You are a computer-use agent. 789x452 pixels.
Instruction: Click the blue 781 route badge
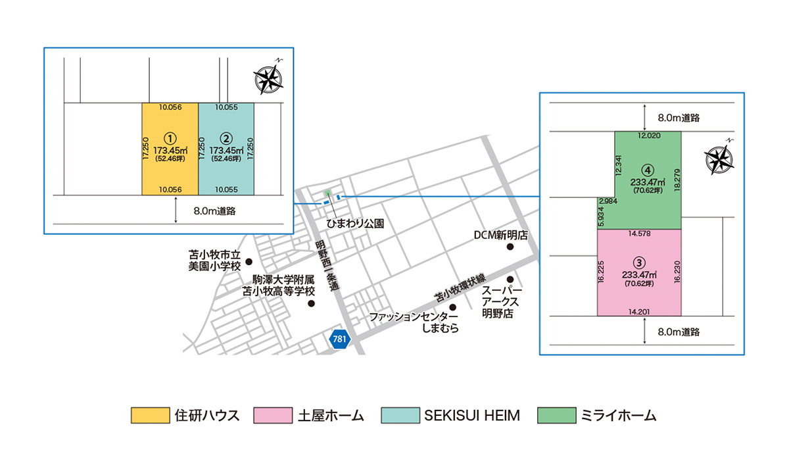tap(340, 339)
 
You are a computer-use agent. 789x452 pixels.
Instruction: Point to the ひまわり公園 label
tap(356, 224)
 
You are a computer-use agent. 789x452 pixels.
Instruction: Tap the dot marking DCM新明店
tap(510, 247)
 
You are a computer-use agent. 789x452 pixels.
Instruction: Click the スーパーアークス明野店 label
tap(500, 302)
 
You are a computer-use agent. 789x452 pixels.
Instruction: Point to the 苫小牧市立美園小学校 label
tap(216, 261)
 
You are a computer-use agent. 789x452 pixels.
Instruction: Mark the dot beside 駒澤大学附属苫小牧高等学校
tap(312, 304)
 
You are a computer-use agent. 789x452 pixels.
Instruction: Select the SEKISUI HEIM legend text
tap(472, 415)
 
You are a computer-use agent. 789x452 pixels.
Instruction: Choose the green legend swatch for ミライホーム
tap(554, 415)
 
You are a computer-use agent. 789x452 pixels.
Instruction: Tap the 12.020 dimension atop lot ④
tap(648, 136)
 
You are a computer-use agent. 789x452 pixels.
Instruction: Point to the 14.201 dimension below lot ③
tap(639, 311)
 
